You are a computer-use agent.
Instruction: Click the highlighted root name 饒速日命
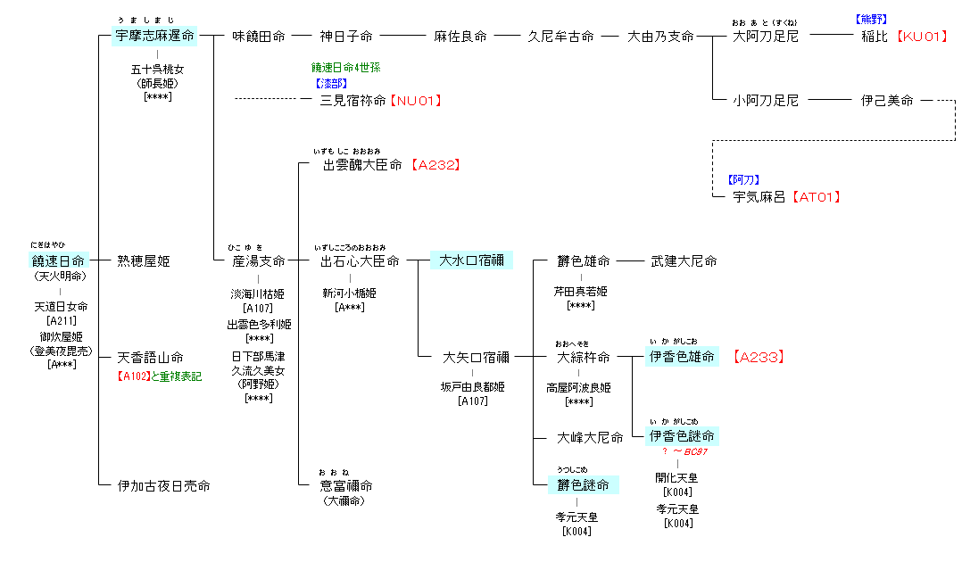tap(59, 261)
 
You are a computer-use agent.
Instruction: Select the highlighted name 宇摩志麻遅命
tap(155, 37)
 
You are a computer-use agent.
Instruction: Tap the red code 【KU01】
tap(921, 37)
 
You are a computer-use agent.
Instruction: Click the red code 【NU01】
tap(415, 101)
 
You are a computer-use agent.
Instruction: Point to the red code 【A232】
tap(437, 165)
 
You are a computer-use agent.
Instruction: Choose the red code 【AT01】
tap(817, 197)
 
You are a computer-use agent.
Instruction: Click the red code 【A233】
tap(759, 358)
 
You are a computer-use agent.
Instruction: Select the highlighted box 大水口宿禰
tap(471, 260)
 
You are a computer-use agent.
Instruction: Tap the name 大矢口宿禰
tap(477, 358)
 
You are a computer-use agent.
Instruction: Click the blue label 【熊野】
tap(870, 18)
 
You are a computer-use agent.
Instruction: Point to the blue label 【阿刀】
tap(743, 179)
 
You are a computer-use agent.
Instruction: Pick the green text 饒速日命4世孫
tap(345, 67)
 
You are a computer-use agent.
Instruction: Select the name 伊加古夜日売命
tap(163, 486)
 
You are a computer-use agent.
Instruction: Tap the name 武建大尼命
tap(684, 261)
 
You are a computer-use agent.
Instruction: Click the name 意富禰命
tap(346, 486)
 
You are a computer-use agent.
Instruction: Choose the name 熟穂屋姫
tap(143, 261)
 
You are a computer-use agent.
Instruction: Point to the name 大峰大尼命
tap(590, 438)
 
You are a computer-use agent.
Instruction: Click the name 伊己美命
tap(887, 101)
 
